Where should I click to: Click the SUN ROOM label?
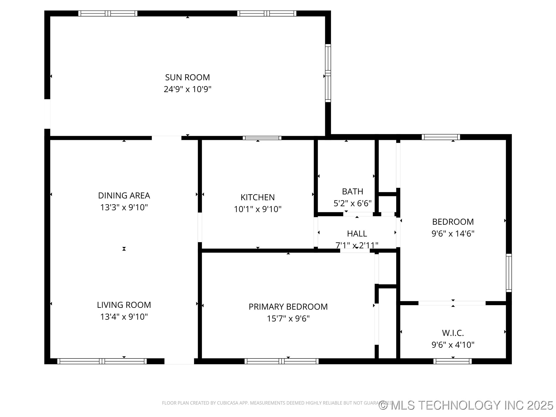(x=187, y=77)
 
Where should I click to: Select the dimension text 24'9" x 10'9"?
(x=187, y=89)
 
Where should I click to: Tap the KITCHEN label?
(x=257, y=197)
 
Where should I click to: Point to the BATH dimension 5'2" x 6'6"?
(x=352, y=203)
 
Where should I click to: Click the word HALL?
(x=357, y=233)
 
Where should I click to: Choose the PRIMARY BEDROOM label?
(x=288, y=307)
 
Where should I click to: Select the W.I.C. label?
(x=453, y=333)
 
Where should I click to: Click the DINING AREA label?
(x=124, y=195)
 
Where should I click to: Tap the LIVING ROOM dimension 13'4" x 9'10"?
(x=124, y=317)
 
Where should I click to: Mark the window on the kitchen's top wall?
(x=262, y=138)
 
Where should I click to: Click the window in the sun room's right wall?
(x=328, y=73)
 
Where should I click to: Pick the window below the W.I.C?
(x=452, y=361)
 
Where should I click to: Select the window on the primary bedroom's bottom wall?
(x=281, y=361)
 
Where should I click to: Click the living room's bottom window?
(x=102, y=361)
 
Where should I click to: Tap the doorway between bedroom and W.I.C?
(x=452, y=303)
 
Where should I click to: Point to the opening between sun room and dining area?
(x=167, y=138)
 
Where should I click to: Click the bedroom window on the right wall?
(x=509, y=273)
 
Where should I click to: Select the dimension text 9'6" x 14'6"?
(x=453, y=234)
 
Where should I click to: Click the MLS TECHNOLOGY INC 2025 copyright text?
(x=466, y=405)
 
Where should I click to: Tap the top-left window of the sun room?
(x=108, y=13)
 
